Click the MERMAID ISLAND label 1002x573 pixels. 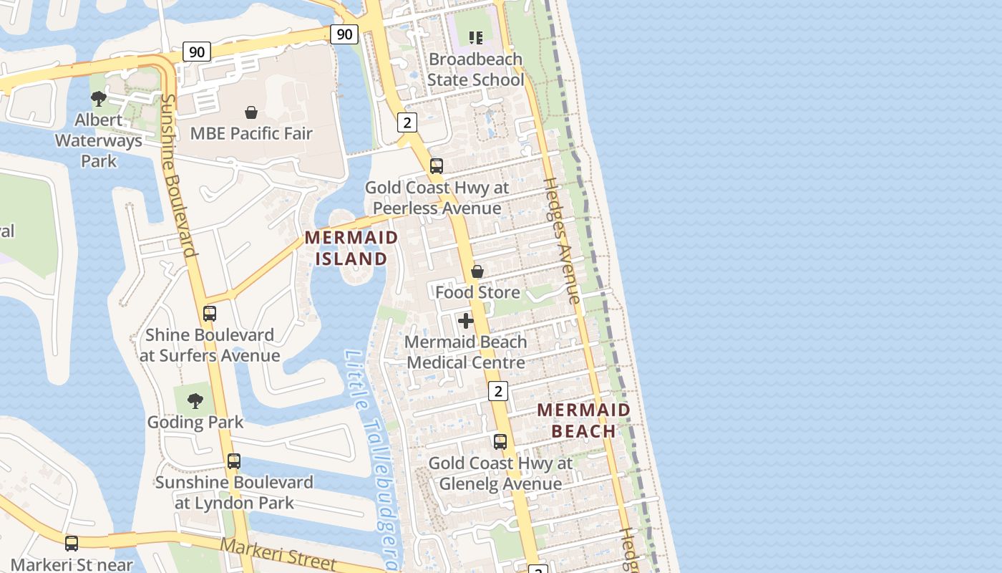click(x=351, y=248)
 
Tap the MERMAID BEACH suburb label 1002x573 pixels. click(x=584, y=420)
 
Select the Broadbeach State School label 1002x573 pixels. click(x=476, y=69)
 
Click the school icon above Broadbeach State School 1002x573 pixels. click(x=475, y=37)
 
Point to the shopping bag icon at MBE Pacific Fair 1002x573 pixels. click(x=251, y=112)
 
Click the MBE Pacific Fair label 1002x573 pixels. click(x=251, y=133)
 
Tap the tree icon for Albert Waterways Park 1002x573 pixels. click(x=99, y=99)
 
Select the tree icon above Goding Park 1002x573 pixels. click(x=195, y=401)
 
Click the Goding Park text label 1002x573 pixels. click(x=195, y=422)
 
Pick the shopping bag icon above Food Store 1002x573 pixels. click(x=477, y=271)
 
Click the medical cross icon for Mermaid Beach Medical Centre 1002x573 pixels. click(x=466, y=321)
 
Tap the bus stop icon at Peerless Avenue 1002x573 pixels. click(x=437, y=167)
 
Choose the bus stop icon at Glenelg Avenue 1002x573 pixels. click(x=500, y=442)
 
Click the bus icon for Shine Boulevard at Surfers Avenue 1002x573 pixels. click(x=210, y=314)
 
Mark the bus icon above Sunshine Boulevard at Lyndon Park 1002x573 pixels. click(x=234, y=461)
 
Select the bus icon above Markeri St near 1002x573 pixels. click(x=72, y=544)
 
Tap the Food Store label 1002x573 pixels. click(x=477, y=292)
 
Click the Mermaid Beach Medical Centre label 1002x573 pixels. click(x=466, y=352)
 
